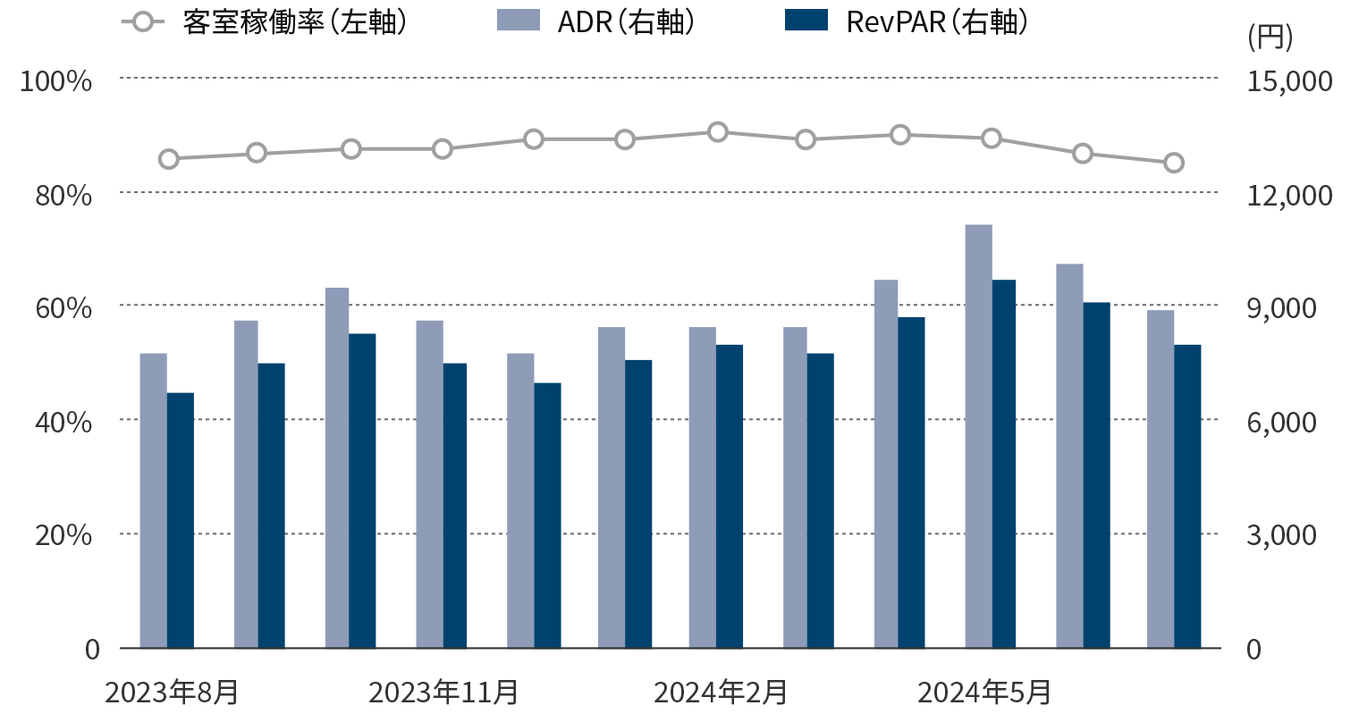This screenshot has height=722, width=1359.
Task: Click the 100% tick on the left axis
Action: (x=56, y=81)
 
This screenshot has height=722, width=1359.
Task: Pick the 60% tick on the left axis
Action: (x=63, y=308)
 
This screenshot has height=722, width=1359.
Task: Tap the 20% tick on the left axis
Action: (x=63, y=535)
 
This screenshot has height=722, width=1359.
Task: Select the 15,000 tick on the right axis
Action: (x=1290, y=81)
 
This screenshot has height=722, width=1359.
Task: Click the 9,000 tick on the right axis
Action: (x=1282, y=308)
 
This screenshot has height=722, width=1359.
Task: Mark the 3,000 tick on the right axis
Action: (x=1282, y=535)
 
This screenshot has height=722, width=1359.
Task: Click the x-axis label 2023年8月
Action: (x=172, y=693)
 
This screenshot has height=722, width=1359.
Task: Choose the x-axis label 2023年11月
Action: (x=443, y=693)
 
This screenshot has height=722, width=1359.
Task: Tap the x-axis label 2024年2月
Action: (x=721, y=693)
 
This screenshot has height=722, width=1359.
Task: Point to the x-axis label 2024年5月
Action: (x=984, y=693)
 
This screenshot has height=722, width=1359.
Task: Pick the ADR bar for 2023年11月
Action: (x=429, y=483)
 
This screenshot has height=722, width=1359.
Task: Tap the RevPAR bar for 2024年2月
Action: (x=729, y=496)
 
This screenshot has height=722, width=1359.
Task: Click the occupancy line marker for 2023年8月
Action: (x=169, y=159)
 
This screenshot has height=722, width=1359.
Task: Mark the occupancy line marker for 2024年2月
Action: (x=717, y=132)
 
